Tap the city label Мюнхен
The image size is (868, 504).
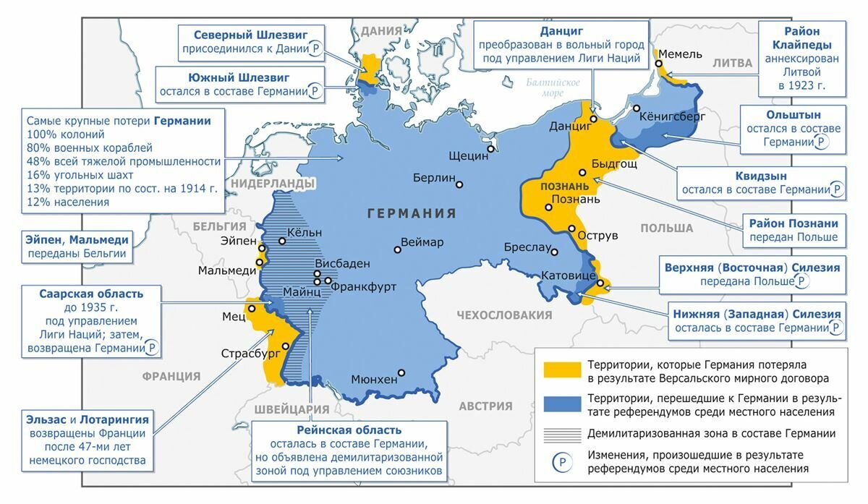tap(374, 379)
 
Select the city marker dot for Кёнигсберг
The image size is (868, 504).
tap(636, 108)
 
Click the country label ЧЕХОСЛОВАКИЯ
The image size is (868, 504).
tap(504, 315)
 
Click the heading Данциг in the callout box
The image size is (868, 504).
tap(561, 30)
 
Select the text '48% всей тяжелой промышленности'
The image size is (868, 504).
tap(123, 161)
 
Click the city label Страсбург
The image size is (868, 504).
tap(250, 354)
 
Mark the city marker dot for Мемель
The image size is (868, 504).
tap(659, 64)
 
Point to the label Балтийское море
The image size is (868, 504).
tap(553, 87)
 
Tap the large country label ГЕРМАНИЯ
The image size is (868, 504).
tap(412, 213)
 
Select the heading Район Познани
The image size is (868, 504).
tap(793, 223)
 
